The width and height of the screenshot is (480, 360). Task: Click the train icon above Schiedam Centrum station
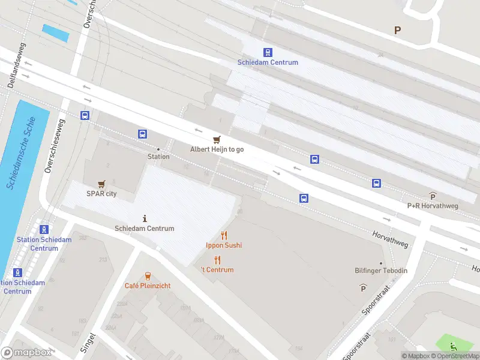pos(268,52)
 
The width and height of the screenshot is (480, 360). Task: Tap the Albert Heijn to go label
pos(217,149)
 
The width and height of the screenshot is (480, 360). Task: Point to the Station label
pos(158,157)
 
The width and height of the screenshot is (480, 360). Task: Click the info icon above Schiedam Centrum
pos(145,218)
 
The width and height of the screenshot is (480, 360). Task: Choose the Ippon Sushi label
pos(224,245)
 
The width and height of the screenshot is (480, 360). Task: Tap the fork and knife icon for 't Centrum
pos(217,260)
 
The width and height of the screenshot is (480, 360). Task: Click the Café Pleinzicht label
pos(148,286)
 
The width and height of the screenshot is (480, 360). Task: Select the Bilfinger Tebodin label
pos(380,271)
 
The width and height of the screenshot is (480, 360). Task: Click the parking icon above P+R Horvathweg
pos(433,196)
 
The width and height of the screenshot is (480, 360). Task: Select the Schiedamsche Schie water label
pos(22,154)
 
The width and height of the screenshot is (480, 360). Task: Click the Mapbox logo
pos(26,353)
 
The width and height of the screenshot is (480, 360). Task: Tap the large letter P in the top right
pos(397,29)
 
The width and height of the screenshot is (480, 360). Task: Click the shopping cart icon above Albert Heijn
pos(217,139)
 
